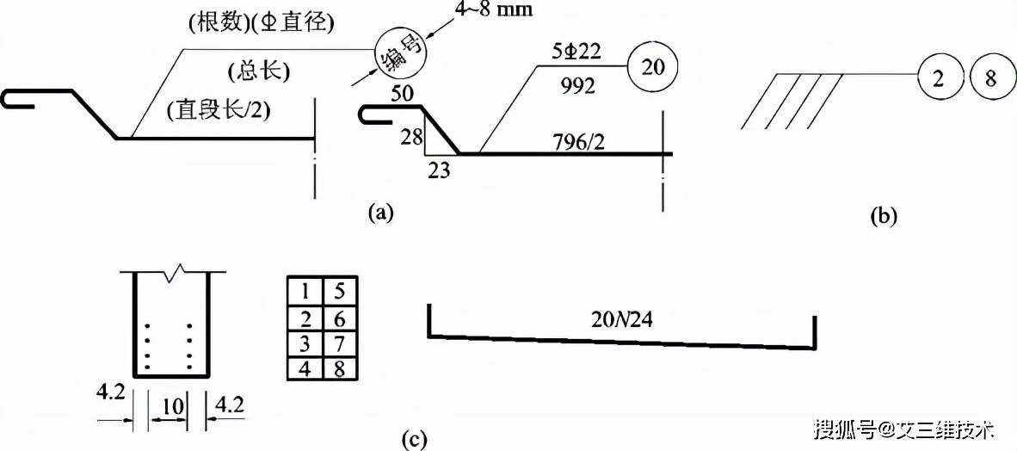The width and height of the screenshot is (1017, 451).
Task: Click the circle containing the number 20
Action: coord(652,67)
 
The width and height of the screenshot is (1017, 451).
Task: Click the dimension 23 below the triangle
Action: coord(438,170)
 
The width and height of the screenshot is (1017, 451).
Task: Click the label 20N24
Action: coord(620,319)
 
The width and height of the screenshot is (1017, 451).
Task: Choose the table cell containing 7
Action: coord(339,343)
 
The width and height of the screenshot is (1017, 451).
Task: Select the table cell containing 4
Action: coord(305,368)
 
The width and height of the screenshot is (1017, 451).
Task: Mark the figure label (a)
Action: coord(380,212)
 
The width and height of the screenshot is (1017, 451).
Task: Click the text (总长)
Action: coord(259,71)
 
